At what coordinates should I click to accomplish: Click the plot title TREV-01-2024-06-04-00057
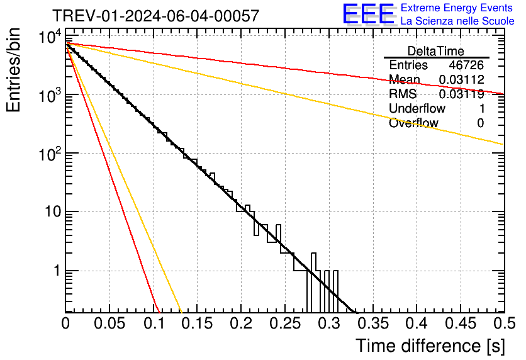tap(155, 16)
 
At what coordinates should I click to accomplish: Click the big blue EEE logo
tap(369, 15)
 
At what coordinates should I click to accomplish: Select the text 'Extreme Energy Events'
tap(457, 8)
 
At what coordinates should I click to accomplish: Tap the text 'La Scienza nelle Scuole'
tap(457, 21)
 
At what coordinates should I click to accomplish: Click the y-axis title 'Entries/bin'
tap(17, 70)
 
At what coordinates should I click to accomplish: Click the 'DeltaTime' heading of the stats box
tap(436, 51)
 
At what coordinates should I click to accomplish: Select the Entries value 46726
tap(466, 65)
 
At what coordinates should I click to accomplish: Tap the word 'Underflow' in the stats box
tap(417, 109)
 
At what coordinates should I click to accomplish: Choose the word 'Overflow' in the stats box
tap(413, 123)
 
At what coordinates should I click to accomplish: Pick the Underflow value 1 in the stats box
tap(481, 109)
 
